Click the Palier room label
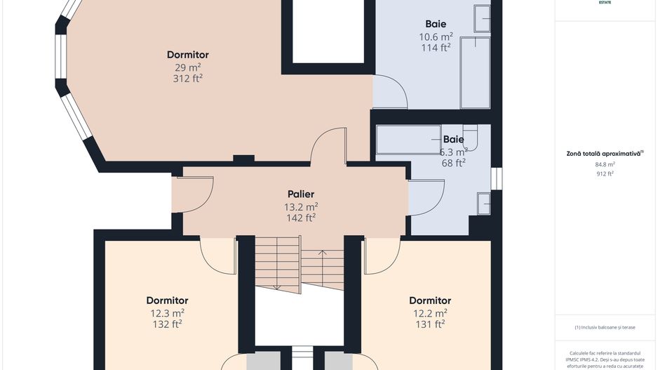tap(300, 194)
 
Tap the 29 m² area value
tap(187, 67)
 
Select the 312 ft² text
tap(187, 79)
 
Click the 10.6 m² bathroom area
tap(436, 36)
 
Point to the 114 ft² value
tap(436, 48)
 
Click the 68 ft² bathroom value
tap(453, 163)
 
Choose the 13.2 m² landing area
tap(300, 206)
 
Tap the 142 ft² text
tap(300, 218)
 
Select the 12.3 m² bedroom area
tap(167, 312)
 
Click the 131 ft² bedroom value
tap(430, 324)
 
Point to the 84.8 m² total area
tap(605, 164)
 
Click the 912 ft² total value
tap(605, 173)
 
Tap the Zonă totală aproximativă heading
tap(605, 153)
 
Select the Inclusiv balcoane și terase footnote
tap(605, 327)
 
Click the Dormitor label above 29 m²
tap(187, 55)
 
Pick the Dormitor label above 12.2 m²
tap(430, 300)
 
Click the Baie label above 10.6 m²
tap(436, 24)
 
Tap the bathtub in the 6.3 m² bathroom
tap(409, 140)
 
